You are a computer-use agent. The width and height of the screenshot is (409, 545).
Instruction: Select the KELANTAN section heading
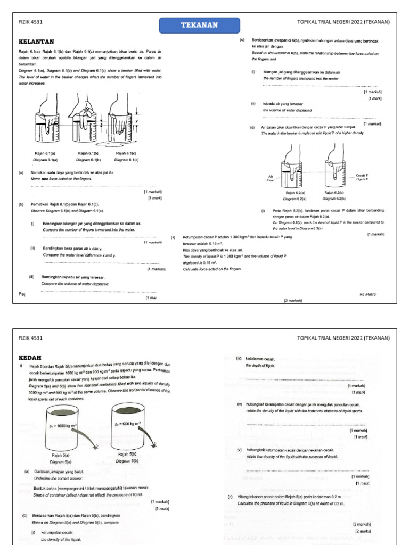point(36,41)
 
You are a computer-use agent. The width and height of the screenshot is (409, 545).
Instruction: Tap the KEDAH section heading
point(30,357)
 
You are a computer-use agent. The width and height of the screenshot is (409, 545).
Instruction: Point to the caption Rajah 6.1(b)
point(89,153)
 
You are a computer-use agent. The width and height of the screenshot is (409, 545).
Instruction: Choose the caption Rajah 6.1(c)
point(126,153)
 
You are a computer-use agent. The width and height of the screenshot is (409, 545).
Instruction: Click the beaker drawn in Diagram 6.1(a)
point(46,127)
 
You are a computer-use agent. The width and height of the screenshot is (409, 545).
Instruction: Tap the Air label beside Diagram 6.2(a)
point(270,176)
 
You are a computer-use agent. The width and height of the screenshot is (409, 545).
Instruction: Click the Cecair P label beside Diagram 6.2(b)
point(362,175)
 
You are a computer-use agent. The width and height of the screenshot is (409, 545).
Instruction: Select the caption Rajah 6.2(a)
point(295,192)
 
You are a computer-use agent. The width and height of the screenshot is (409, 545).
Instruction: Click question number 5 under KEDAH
point(21,366)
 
